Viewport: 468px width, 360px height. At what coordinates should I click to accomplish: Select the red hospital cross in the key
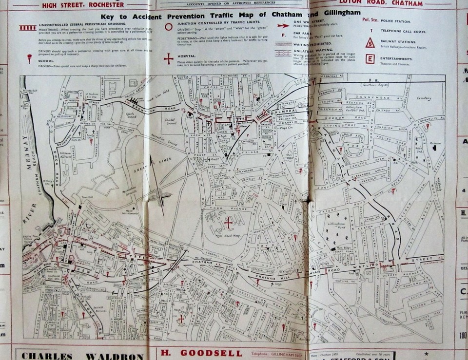168,58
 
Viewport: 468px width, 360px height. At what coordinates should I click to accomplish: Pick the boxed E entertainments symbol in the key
370,59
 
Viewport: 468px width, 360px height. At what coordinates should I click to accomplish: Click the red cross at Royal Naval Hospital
228,222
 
